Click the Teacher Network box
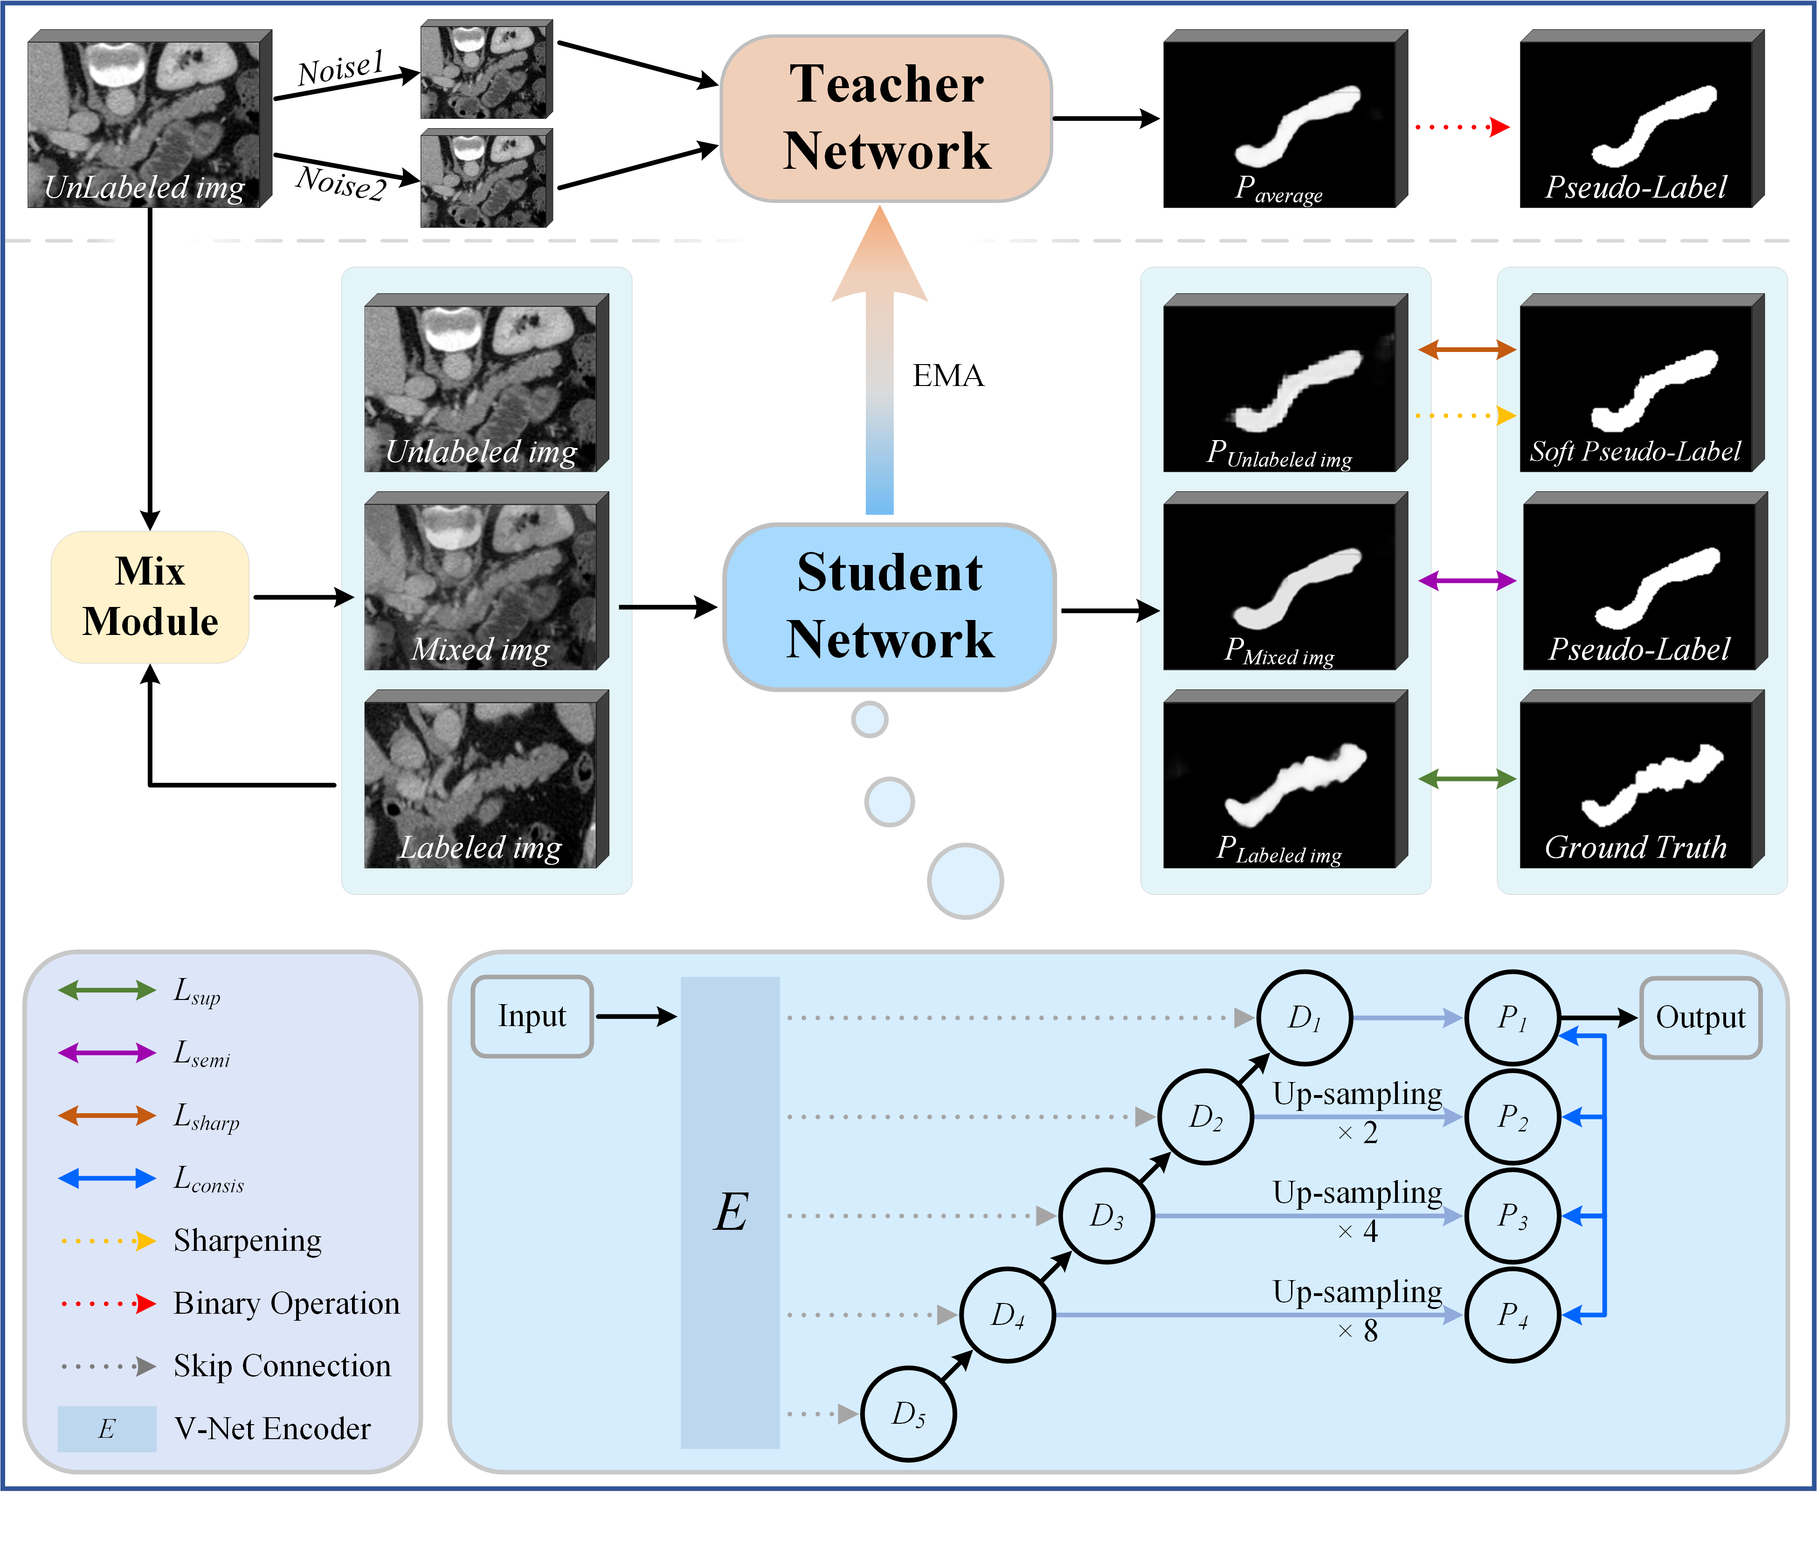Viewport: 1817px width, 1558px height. pos(886,118)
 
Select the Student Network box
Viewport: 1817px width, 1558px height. pos(889,607)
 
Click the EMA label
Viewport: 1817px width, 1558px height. pos(948,375)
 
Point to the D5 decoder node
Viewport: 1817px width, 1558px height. pos(908,1413)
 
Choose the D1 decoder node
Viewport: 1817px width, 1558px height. pos(1304,1017)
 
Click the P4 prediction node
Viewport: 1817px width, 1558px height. pos(1512,1314)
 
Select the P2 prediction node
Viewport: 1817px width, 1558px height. pos(1512,1116)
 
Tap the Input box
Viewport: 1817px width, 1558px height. pos(532,1016)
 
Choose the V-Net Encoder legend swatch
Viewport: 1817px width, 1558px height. pos(107,1428)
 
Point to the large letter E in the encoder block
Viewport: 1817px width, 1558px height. pos(731,1213)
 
